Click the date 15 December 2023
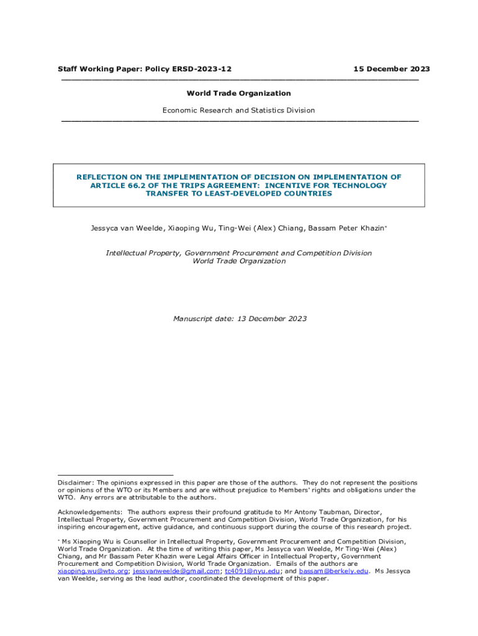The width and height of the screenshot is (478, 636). (391, 69)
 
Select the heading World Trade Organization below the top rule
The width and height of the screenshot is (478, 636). (238, 93)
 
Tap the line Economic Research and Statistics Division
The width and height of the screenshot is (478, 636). (238, 110)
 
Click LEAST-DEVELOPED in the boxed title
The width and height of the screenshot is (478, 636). (241, 193)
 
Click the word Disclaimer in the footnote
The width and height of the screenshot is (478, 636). (74, 483)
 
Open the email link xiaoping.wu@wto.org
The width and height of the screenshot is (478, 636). (93, 571)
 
